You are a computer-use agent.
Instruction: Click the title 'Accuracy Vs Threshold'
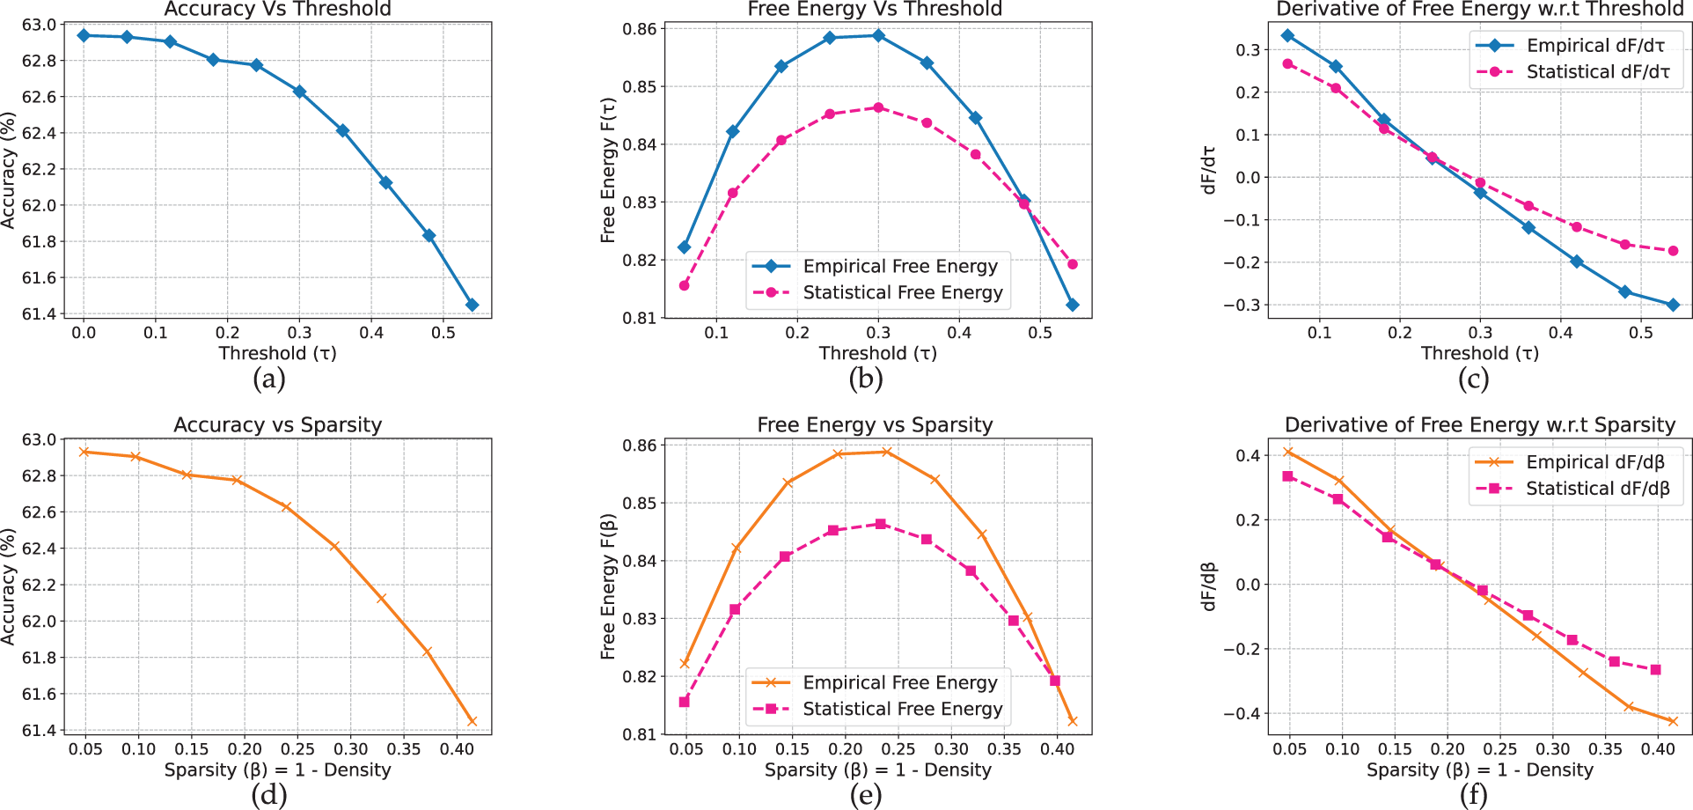pos(277,10)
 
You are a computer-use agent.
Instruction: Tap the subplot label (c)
pos(1473,379)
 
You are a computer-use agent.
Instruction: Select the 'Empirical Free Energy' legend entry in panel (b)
pos(899,266)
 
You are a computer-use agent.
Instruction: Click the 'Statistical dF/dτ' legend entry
pos(1597,72)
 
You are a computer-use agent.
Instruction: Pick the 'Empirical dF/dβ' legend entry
pos(1594,462)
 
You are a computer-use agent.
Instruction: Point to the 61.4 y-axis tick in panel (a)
pos(39,314)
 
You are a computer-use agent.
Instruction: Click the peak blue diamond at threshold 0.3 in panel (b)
pos(878,36)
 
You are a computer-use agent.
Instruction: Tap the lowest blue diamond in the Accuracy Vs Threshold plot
pos(473,305)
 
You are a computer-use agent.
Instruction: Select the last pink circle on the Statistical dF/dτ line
pos(1673,251)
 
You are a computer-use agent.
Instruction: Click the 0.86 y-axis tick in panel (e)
pos(639,445)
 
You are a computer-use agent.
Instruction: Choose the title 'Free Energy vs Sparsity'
pos(875,425)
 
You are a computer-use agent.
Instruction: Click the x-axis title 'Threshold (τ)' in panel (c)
pos(1479,353)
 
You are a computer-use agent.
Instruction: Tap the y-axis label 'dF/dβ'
pos(1208,586)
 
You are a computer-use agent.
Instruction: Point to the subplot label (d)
pos(268,795)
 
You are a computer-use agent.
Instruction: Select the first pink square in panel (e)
pos(685,702)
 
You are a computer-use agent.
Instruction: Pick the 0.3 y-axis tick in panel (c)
pos(1248,50)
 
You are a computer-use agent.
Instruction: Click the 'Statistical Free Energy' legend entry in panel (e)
pos(902,709)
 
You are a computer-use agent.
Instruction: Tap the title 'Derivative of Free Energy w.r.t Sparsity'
pos(1479,425)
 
